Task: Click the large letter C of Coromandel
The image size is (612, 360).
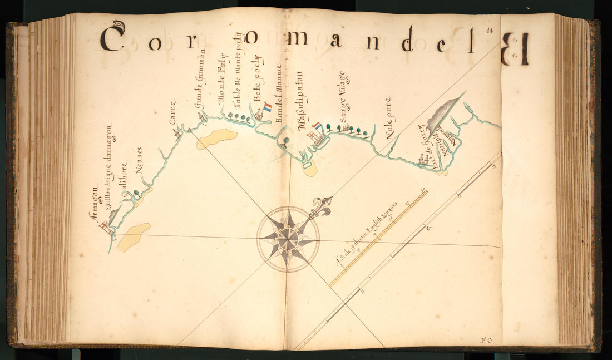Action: pyautogui.click(x=112, y=38)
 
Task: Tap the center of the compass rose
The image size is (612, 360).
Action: pyautogui.click(x=288, y=239)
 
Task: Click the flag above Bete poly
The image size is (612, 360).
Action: pyautogui.click(x=268, y=107)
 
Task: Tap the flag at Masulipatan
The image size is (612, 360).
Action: pyautogui.click(x=317, y=126)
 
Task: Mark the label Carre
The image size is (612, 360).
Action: pyautogui.click(x=172, y=111)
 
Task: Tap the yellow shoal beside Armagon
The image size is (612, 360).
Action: pyautogui.click(x=134, y=236)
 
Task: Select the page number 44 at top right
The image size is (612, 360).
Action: pyautogui.click(x=490, y=32)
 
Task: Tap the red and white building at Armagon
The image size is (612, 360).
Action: pyautogui.click(x=104, y=225)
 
